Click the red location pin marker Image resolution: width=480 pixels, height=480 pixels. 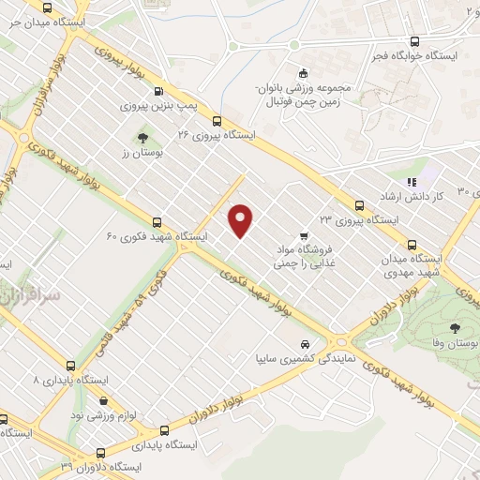242,219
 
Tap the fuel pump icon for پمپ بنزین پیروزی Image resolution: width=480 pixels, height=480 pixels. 157,92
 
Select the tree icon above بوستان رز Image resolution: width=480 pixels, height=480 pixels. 142,139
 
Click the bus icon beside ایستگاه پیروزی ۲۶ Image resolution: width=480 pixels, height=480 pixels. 217,120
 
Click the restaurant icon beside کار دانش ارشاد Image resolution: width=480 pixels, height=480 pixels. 411,181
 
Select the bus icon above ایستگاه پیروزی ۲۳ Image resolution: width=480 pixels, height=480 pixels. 359,205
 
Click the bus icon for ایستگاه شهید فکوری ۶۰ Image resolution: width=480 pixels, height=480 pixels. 157,223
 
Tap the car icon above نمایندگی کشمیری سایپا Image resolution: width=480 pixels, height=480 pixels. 307,342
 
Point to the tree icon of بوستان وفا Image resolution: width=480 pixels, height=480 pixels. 455,328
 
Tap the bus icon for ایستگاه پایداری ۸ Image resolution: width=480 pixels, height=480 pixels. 71,366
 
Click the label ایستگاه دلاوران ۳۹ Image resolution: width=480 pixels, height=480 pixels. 100,466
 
